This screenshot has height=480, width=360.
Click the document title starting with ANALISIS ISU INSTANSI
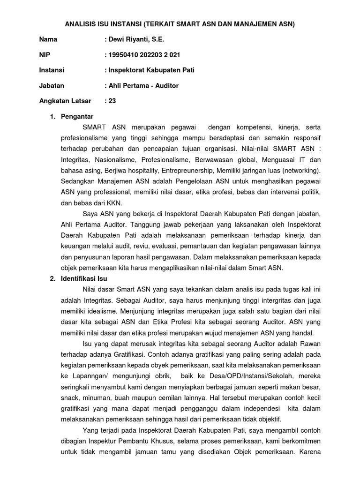tap(180, 24)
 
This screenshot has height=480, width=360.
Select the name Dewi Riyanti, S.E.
tap(136, 39)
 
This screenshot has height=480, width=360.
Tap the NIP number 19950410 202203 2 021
tap(144, 55)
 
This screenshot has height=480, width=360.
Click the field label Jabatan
tap(52, 85)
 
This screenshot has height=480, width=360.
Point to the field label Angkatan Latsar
tap(65, 101)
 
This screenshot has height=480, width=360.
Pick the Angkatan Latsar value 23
tap(112, 101)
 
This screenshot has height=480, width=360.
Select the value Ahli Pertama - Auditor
tap(143, 85)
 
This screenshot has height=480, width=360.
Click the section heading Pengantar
tap(77, 116)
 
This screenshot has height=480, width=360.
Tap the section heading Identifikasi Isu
tap(84, 278)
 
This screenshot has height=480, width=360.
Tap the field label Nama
tap(48, 39)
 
